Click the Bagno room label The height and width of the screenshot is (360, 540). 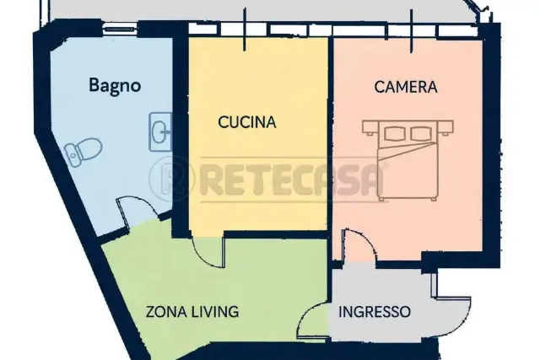pyautogui.click(x=115, y=86)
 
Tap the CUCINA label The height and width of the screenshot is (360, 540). pyautogui.click(x=247, y=122)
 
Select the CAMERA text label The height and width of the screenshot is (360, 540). pyautogui.click(x=406, y=87)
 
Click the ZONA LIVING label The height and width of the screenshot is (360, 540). pyautogui.click(x=192, y=311)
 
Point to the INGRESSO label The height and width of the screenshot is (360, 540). pyautogui.click(x=375, y=312)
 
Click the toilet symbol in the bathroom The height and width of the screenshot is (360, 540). pyautogui.click(x=83, y=152)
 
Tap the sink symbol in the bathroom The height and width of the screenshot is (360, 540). pyautogui.click(x=160, y=132)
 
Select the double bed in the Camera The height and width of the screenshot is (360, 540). pyautogui.click(x=408, y=160)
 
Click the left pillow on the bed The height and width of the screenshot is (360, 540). pyautogui.click(x=394, y=133)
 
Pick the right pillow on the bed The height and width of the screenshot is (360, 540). pyautogui.click(x=422, y=133)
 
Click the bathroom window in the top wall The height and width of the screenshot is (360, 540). pyautogui.click(x=120, y=30)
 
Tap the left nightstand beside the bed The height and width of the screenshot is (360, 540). pyautogui.click(x=370, y=127)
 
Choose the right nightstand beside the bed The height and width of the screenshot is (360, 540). pyautogui.click(x=445, y=127)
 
